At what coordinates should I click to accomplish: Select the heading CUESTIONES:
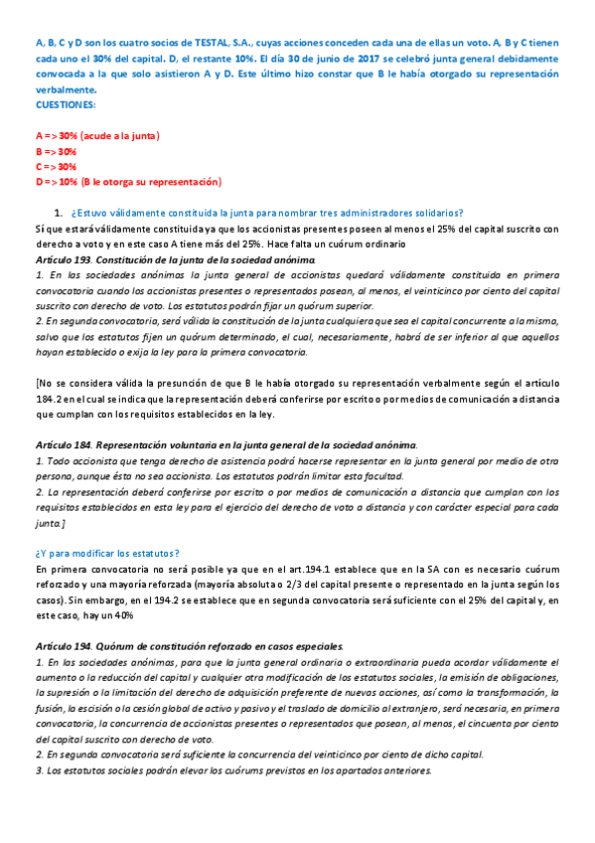click(66, 102)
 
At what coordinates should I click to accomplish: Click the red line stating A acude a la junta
click(98, 134)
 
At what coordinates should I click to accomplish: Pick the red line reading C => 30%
click(56, 166)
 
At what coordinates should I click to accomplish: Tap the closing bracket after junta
click(64, 523)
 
